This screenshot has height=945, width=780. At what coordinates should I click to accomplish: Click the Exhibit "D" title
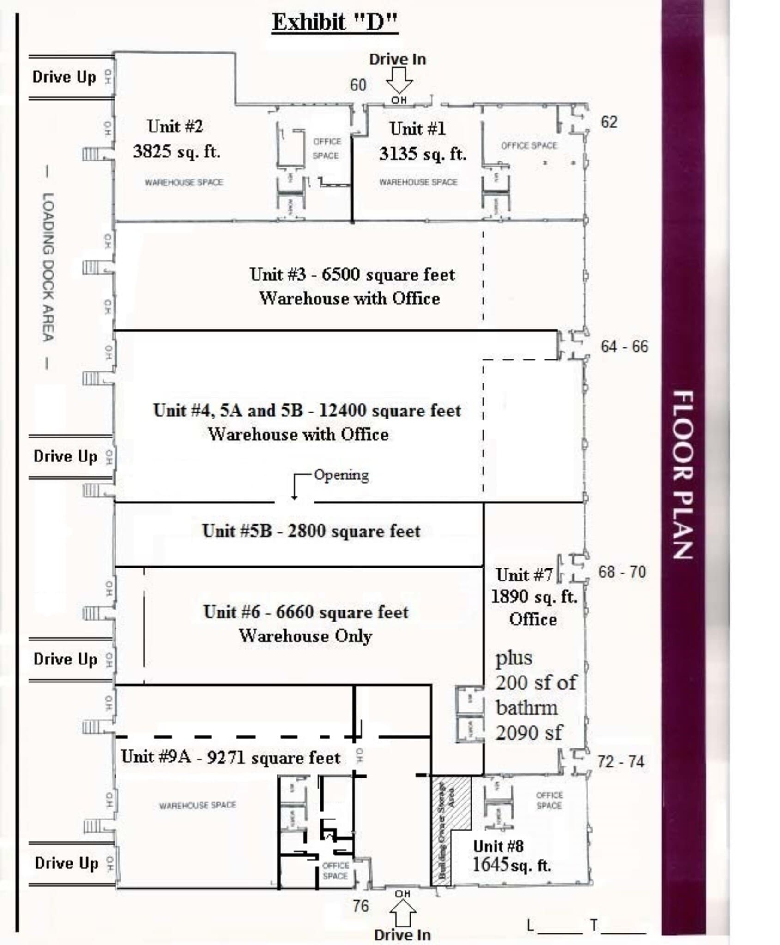[x=335, y=22]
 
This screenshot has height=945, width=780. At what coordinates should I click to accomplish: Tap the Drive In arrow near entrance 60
[x=399, y=79]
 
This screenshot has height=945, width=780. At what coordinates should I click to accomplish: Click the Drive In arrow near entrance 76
[x=403, y=913]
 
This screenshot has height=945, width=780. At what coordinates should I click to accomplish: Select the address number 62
[x=609, y=122]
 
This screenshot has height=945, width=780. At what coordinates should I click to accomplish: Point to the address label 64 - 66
[x=624, y=346]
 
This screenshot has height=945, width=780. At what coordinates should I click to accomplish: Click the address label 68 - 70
[x=622, y=572]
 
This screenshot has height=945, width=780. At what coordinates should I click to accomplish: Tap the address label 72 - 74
[x=620, y=761]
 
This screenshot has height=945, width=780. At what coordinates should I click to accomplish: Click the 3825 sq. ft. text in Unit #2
[x=176, y=151]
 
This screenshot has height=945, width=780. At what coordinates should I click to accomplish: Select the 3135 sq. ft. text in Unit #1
[x=422, y=154]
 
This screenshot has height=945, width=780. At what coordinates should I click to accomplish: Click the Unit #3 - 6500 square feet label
[x=352, y=275]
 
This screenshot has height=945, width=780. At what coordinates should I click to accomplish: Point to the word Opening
[x=341, y=475]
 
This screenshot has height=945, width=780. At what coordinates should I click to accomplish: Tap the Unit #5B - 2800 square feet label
[x=311, y=531]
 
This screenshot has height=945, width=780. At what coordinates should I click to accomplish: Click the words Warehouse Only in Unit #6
[x=305, y=636]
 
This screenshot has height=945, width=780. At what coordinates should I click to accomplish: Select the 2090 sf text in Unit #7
[x=529, y=733]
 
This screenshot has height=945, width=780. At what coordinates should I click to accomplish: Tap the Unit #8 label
[x=498, y=846]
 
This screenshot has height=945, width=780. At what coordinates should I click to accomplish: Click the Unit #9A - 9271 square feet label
[x=230, y=757]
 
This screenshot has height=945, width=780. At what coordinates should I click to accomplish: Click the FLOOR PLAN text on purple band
[x=683, y=475]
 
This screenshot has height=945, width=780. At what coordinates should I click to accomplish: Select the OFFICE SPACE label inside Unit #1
[x=529, y=145]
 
